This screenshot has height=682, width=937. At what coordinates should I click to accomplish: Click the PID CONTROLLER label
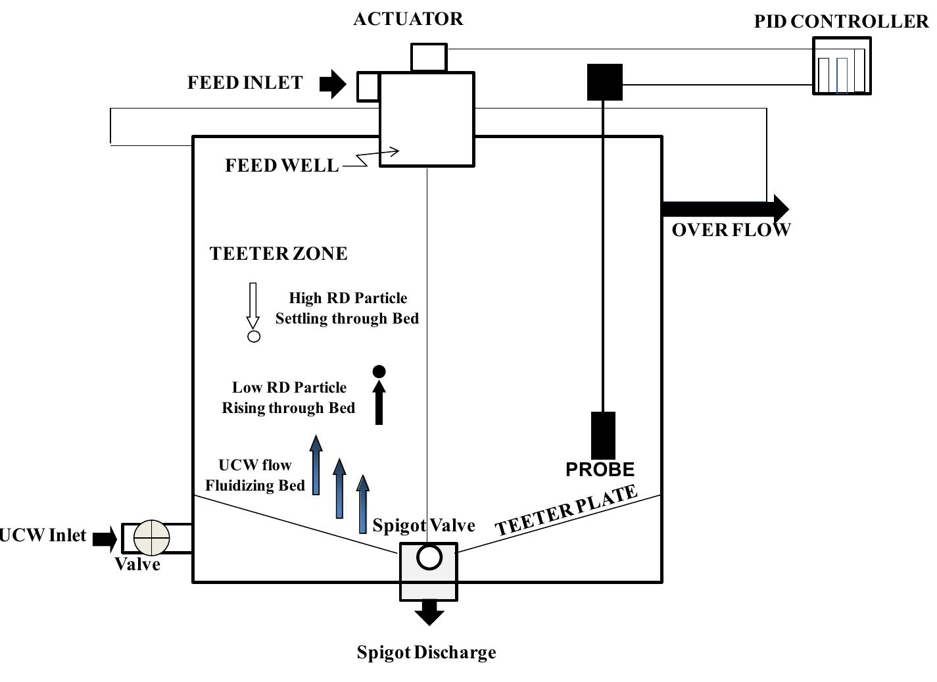click(841, 22)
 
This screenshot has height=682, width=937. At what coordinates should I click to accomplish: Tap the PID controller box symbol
click(842, 66)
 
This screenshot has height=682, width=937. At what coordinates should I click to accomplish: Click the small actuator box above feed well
click(429, 58)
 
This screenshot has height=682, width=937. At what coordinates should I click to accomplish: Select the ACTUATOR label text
click(408, 19)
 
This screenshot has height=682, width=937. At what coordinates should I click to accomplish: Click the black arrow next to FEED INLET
click(333, 84)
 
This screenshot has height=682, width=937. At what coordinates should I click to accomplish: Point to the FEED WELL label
click(281, 166)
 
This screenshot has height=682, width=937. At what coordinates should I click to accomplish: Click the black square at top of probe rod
click(604, 82)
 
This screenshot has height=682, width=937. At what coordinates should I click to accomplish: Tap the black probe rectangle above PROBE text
click(603, 435)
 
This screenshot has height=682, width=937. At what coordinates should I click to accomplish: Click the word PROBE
click(600, 470)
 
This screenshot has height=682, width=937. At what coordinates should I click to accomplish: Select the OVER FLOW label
click(731, 230)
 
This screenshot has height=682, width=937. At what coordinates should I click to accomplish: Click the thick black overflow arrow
click(723, 209)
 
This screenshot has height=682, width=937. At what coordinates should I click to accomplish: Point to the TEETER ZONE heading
click(278, 254)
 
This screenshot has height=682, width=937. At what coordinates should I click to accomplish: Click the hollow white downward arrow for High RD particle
click(253, 306)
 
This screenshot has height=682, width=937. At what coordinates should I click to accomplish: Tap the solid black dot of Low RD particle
click(379, 372)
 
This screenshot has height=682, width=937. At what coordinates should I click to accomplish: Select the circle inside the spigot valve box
click(429, 558)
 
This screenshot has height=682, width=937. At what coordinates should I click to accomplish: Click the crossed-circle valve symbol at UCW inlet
click(151, 538)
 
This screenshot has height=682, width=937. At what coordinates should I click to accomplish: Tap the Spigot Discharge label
click(426, 652)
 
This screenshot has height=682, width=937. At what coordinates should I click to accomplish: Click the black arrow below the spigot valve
click(429, 612)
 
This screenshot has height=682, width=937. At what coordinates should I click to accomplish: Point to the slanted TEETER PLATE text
click(566, 511)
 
